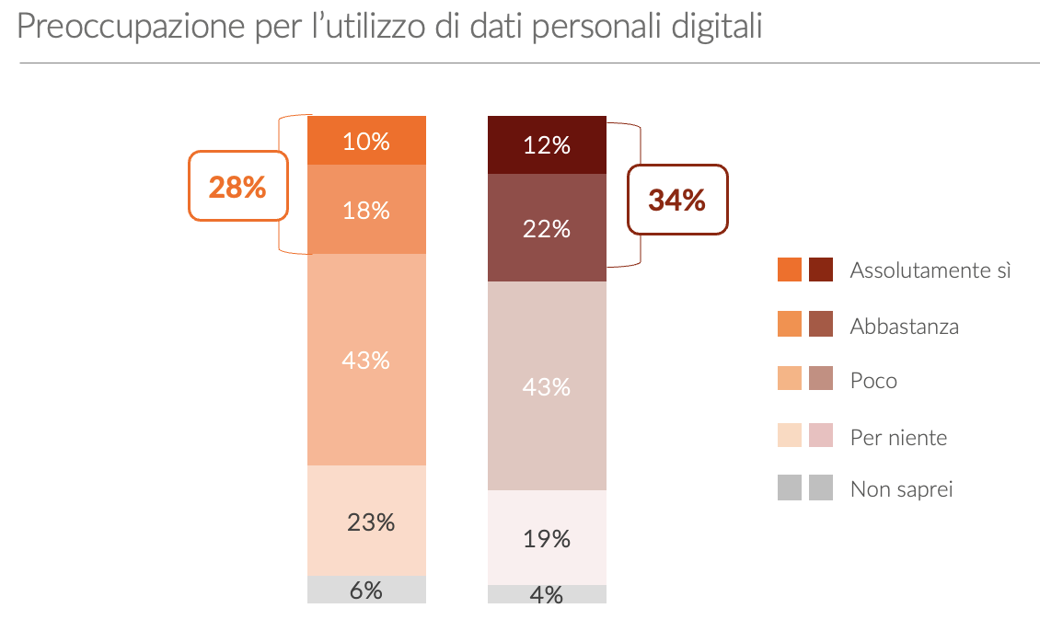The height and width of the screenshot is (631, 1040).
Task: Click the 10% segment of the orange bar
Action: pyautogui.click(x=366, y=141)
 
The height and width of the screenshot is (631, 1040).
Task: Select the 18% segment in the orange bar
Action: pyautogui.click(x=366, y=210)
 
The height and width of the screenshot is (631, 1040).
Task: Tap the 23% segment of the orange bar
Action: pyautogui.click(x=366, y=522)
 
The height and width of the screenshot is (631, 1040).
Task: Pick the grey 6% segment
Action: pyautogui.click(x=366, y=590)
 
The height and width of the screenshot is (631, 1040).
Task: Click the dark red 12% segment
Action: pyautogui.click(x=547, y=145)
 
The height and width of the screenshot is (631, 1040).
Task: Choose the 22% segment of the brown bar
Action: pyautogui.click(x=547, y=228)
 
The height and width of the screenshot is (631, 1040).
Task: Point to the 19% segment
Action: pyautogui.click(x=547, y=538)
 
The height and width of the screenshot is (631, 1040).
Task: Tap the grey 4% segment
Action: pyautogui.click(x=547, y=594)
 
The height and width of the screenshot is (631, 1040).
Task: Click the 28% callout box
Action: pyautogui.click(x=237, y=187)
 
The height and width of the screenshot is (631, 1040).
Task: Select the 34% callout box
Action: pyautogui.click(x=677, y=200)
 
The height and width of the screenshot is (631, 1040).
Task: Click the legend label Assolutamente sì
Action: pyautogui.click(x=930, y=270)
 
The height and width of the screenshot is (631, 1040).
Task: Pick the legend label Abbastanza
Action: pyautogui.click(x=904, y=326)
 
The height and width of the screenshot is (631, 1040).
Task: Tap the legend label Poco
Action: pyautogui.click(x=873, y=381)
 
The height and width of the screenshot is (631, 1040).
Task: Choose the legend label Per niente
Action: pyautogui.click(x=898, y=437)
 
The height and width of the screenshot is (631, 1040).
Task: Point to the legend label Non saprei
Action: pyautogui.click(x=901, y=488)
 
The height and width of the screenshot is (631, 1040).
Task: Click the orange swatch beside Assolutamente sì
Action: pyautogui.click(x=790, y=270)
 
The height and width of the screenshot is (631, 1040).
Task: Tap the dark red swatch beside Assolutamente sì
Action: pyautogui.click(x=821, y=270)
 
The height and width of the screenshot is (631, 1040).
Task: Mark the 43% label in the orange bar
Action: pyautogui.click(x=366, y=361)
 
